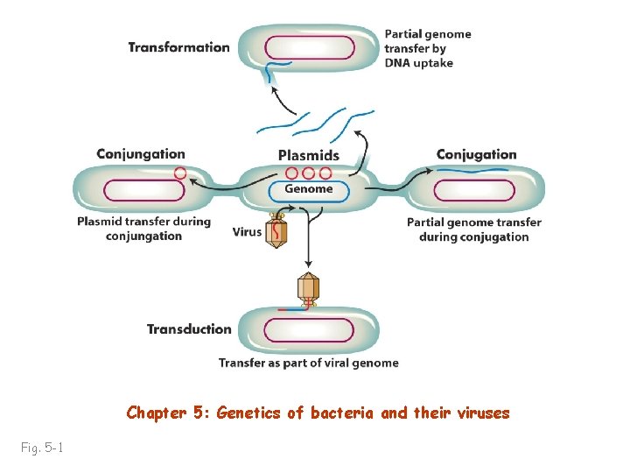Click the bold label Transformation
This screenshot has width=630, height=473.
pyautogui.click(x=178, y=47)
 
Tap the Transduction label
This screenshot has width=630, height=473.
pyautogui.click(x=189, y=329)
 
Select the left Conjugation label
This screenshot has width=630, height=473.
pyautogui.click(x=141, y=155)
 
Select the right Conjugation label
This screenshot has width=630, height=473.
pyautogui.click(x=476, y=155)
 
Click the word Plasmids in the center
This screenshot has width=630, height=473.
pyautogui.click(x=308, y=156)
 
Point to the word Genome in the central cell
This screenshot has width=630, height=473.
pyautogui.click(x=308, y=188)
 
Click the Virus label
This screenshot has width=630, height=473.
pyautogui.click(x=247, y=232)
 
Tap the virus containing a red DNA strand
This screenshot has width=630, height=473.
pyautogui.click(x=277, y=230)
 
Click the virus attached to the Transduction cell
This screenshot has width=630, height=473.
pyautogui.click(x=307, y=288)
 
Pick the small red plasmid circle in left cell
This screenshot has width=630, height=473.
pyautogui.click(x=180, y=173)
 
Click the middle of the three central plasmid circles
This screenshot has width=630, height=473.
pyautogui.click(x=308, y=173)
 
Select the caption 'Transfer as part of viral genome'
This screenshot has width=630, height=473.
pyautogui.click(x=308, y=363)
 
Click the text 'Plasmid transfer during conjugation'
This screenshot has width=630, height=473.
pyautogui.click(x=143, y=229)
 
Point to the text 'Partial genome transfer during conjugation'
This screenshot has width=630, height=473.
pyautogui.click(x=473, y=229)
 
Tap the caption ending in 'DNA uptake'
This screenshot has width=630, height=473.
pyautogui.click(x=427, y=49)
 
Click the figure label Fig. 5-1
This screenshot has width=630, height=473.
pyautogui.click(x=41, y=448)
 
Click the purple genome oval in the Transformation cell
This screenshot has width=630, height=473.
pyautogui.click(x=310, y=47)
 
